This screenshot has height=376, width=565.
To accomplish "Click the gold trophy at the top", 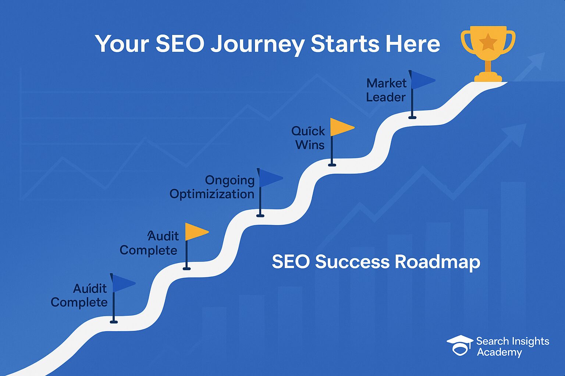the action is click(488, 54).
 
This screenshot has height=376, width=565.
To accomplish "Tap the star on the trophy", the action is click(488, 41).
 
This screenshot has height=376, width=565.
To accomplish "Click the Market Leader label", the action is click(386, 90).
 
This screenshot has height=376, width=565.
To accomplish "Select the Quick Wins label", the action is click(308, 138).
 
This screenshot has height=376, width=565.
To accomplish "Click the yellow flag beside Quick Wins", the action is click(342, 127).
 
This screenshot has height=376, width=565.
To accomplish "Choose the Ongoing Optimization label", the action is click(212, 188).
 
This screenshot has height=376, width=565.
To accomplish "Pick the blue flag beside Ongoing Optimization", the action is click(270, 178).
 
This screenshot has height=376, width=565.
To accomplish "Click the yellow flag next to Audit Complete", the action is click(197, 232).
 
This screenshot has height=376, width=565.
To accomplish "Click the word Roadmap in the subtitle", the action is click(438, 263).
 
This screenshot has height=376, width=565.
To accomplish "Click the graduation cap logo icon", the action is click(459, 345).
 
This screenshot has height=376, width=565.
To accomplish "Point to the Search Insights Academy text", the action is click(512, 347).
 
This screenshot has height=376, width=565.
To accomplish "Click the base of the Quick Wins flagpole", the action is click(332, 165).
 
